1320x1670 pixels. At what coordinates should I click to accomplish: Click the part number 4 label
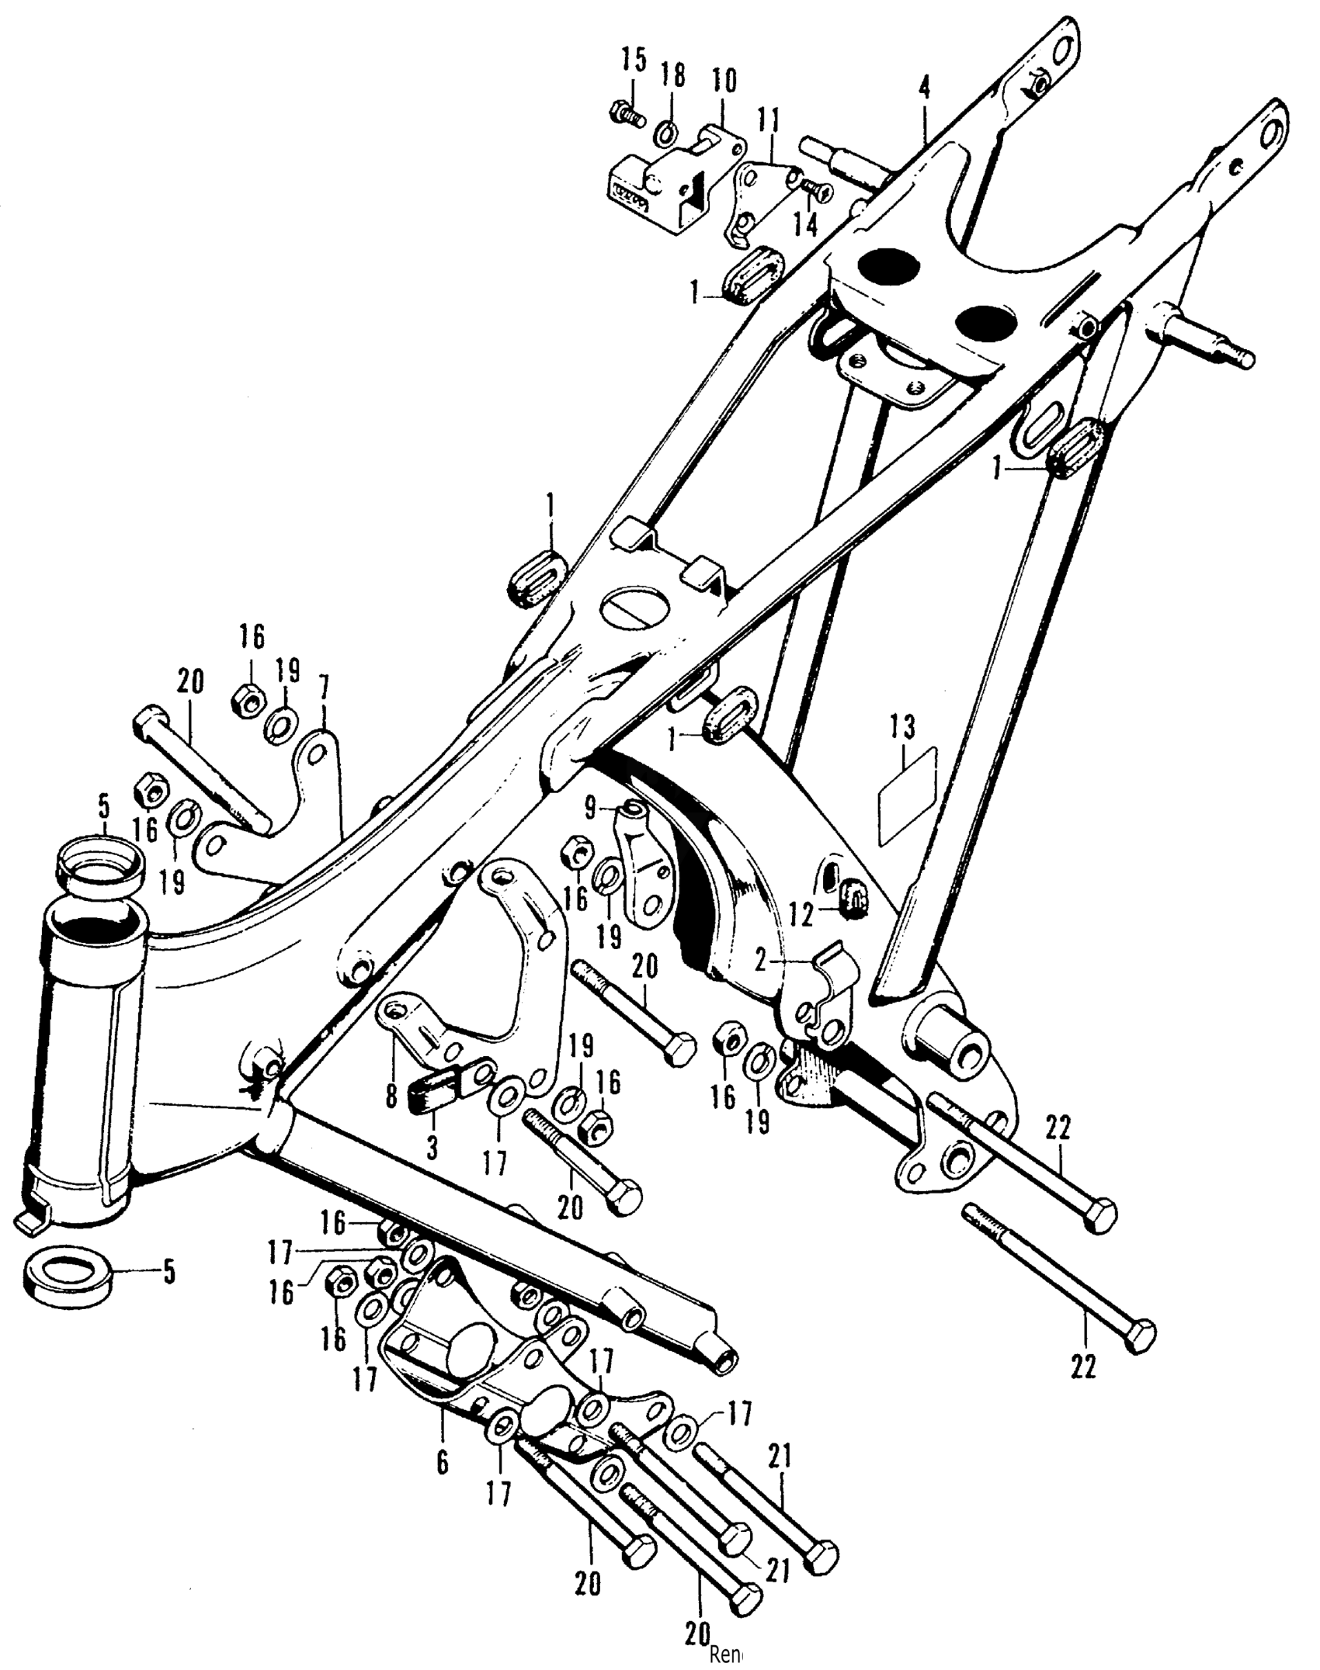click(924, 88)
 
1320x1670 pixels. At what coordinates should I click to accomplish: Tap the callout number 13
click(902, 727)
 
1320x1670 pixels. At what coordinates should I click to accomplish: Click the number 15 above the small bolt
click(634, 60)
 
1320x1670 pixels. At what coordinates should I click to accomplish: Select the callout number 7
click(324, 688)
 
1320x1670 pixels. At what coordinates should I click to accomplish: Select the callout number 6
click(443, 1462)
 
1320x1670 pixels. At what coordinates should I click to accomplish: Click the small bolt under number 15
click(625, 116)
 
